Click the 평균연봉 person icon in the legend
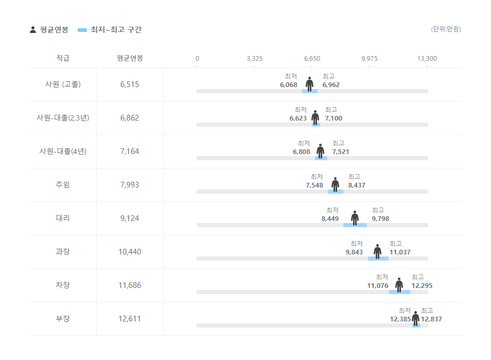tap(33, 30)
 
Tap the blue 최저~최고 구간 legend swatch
tap(82, 30)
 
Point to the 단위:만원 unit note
tap(446, 29)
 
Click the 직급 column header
tap(63, 58)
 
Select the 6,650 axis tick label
tap(312, 58)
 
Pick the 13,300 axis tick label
tap(427, 58)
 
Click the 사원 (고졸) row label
tap(63, 84)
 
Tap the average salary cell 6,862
tap(130, 118)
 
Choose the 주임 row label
tap(63, 185)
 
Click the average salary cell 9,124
tap(130, 218)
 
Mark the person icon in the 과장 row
tap(377, 251)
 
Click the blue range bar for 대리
tap(355, 225)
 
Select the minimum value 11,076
tap(378, 286)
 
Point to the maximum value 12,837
tap(431, 319)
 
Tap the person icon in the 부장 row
tap(415, 318)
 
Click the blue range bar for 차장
tap(399, 292)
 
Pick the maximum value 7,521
tap(340, 152)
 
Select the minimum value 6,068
tap(289, 85)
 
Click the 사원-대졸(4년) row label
tap(63, 151)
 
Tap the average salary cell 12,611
tap(130, 319)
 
